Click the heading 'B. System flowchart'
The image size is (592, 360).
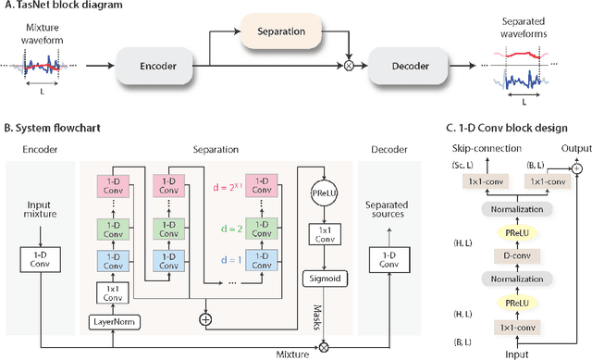tap(57, 128)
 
